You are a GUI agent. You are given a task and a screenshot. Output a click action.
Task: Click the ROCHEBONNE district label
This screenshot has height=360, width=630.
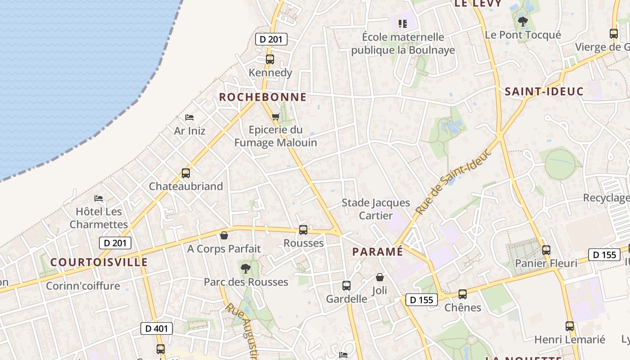pyautogui.click(x=263, y=97)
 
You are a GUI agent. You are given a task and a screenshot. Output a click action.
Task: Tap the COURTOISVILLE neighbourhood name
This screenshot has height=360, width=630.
pyautogui.click(x=99, y=262)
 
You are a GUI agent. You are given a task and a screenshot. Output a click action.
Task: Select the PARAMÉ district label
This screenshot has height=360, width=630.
pyautogui.click(x=378, y=252)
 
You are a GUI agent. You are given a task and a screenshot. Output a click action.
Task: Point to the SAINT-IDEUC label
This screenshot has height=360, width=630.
pyautogui.click(x=544, y=92)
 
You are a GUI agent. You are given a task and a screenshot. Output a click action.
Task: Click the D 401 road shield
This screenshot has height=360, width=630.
pyautogui.click(x=157, y=328)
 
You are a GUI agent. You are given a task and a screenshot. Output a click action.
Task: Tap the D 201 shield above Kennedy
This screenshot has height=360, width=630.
pyautogui.click(x=271, y=39)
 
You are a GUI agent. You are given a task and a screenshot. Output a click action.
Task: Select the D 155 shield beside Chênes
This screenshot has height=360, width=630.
pyautogui.click(x=421, y=300)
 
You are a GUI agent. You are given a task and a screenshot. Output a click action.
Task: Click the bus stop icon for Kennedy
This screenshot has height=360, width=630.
pyautogui.click(x=270, y=59)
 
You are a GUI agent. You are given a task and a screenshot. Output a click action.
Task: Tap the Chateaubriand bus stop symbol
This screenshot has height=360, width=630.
pyautogui.click(x=185, y=173)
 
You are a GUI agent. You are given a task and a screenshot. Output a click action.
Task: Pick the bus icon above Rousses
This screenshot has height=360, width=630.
pyautogui.click(x=303, y=230)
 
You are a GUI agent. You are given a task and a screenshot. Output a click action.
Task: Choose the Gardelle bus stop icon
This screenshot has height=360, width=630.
pyautogui.click(x=346, y=286)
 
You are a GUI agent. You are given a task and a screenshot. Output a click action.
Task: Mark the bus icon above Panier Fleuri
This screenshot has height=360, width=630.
pyautogui.click(x=546, y=250)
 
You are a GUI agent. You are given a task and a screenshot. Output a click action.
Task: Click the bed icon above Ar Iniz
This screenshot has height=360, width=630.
pyautogui.click(x=189, y=117)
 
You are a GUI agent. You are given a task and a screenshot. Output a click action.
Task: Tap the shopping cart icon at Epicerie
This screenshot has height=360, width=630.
pyautogui.click(x=275, y=117)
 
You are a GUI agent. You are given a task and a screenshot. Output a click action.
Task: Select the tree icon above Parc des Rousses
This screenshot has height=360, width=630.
pyautogui.click(x=246, y=269)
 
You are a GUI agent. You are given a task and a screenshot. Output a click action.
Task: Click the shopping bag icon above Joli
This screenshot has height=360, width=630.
pyautogui.click(x=380, y=277)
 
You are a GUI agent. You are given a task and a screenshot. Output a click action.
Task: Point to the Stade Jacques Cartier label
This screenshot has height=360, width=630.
pyautogui.click(x=376, y=209)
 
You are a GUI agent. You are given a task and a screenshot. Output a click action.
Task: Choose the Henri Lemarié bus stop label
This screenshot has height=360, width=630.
pyautogui.click(x=569, y=340)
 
